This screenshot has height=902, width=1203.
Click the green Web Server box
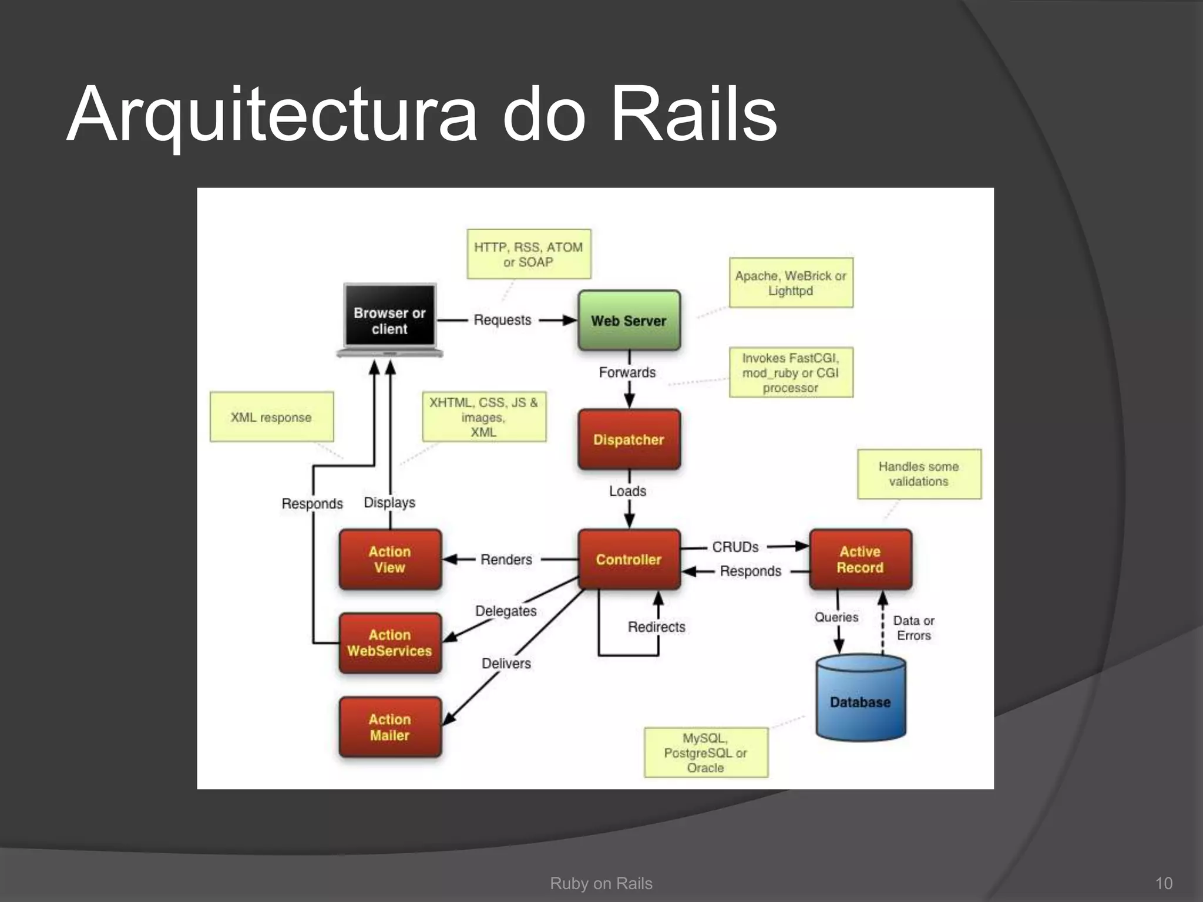(x=629, y=321)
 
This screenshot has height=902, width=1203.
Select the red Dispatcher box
(x=629, y=439)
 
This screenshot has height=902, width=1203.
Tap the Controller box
(x=629, y=559)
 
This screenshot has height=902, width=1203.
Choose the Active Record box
(x=860, y=559)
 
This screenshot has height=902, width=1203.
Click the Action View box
(x=389, y=559)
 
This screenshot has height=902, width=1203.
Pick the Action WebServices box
(x=389, y=643)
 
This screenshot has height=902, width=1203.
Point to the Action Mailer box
(x=389, y=727)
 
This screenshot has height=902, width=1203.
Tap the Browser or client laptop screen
(x=389, y=315)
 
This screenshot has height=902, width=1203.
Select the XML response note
(x=271, y=417)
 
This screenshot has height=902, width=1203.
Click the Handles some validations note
(x=919, y=474)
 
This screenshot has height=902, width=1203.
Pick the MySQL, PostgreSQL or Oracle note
(x=705, y=752)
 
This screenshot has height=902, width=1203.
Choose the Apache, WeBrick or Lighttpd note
(x=791, y=282)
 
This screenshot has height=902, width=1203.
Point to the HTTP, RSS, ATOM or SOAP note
(x=528, y=254)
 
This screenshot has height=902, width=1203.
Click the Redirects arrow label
(x=656, y=627)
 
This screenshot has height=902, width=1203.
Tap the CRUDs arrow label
(x=735, y=547)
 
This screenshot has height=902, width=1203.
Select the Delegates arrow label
(x=506, y=611)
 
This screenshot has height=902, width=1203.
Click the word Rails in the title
(x=694, y=115)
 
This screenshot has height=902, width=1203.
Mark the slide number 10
(x=1164, y=883)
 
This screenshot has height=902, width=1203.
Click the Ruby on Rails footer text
(x=601, y=883)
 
